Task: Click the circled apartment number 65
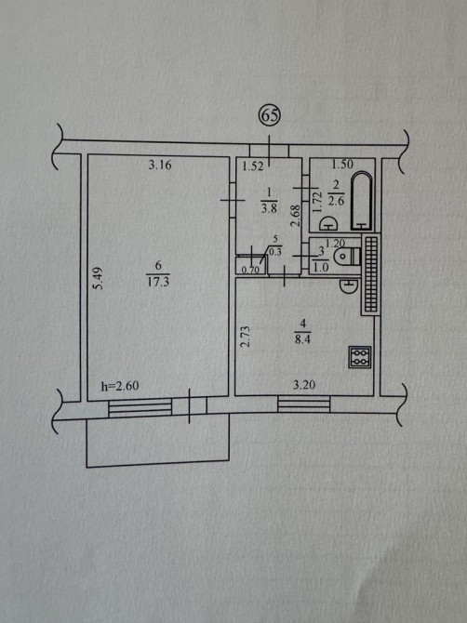tap(270, 115)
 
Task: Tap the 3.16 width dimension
tap(160, 165)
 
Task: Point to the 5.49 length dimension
tap(99, 277)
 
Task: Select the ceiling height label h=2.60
tap(120, 385)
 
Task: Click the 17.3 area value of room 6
tap(158, 282)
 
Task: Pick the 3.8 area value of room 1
tap(269, 207)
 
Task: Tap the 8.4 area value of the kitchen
tap(303, 339)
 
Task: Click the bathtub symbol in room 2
tap(361, 201)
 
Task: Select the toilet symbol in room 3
tap(347, 257)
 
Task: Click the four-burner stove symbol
tap(360, 357)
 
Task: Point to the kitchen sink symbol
tap(349, 285)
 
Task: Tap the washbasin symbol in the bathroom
tap(328, 223)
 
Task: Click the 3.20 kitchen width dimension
tap(304, 384)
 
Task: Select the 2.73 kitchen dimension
tap(246, 337)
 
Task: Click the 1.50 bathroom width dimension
tap(342, 164)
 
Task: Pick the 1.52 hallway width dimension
tap(253, 166)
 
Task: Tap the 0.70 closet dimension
tap(250, 270)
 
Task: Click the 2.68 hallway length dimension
tap(295, 216)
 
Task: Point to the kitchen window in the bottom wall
tap(304, 404)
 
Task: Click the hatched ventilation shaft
tap(370, 274)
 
